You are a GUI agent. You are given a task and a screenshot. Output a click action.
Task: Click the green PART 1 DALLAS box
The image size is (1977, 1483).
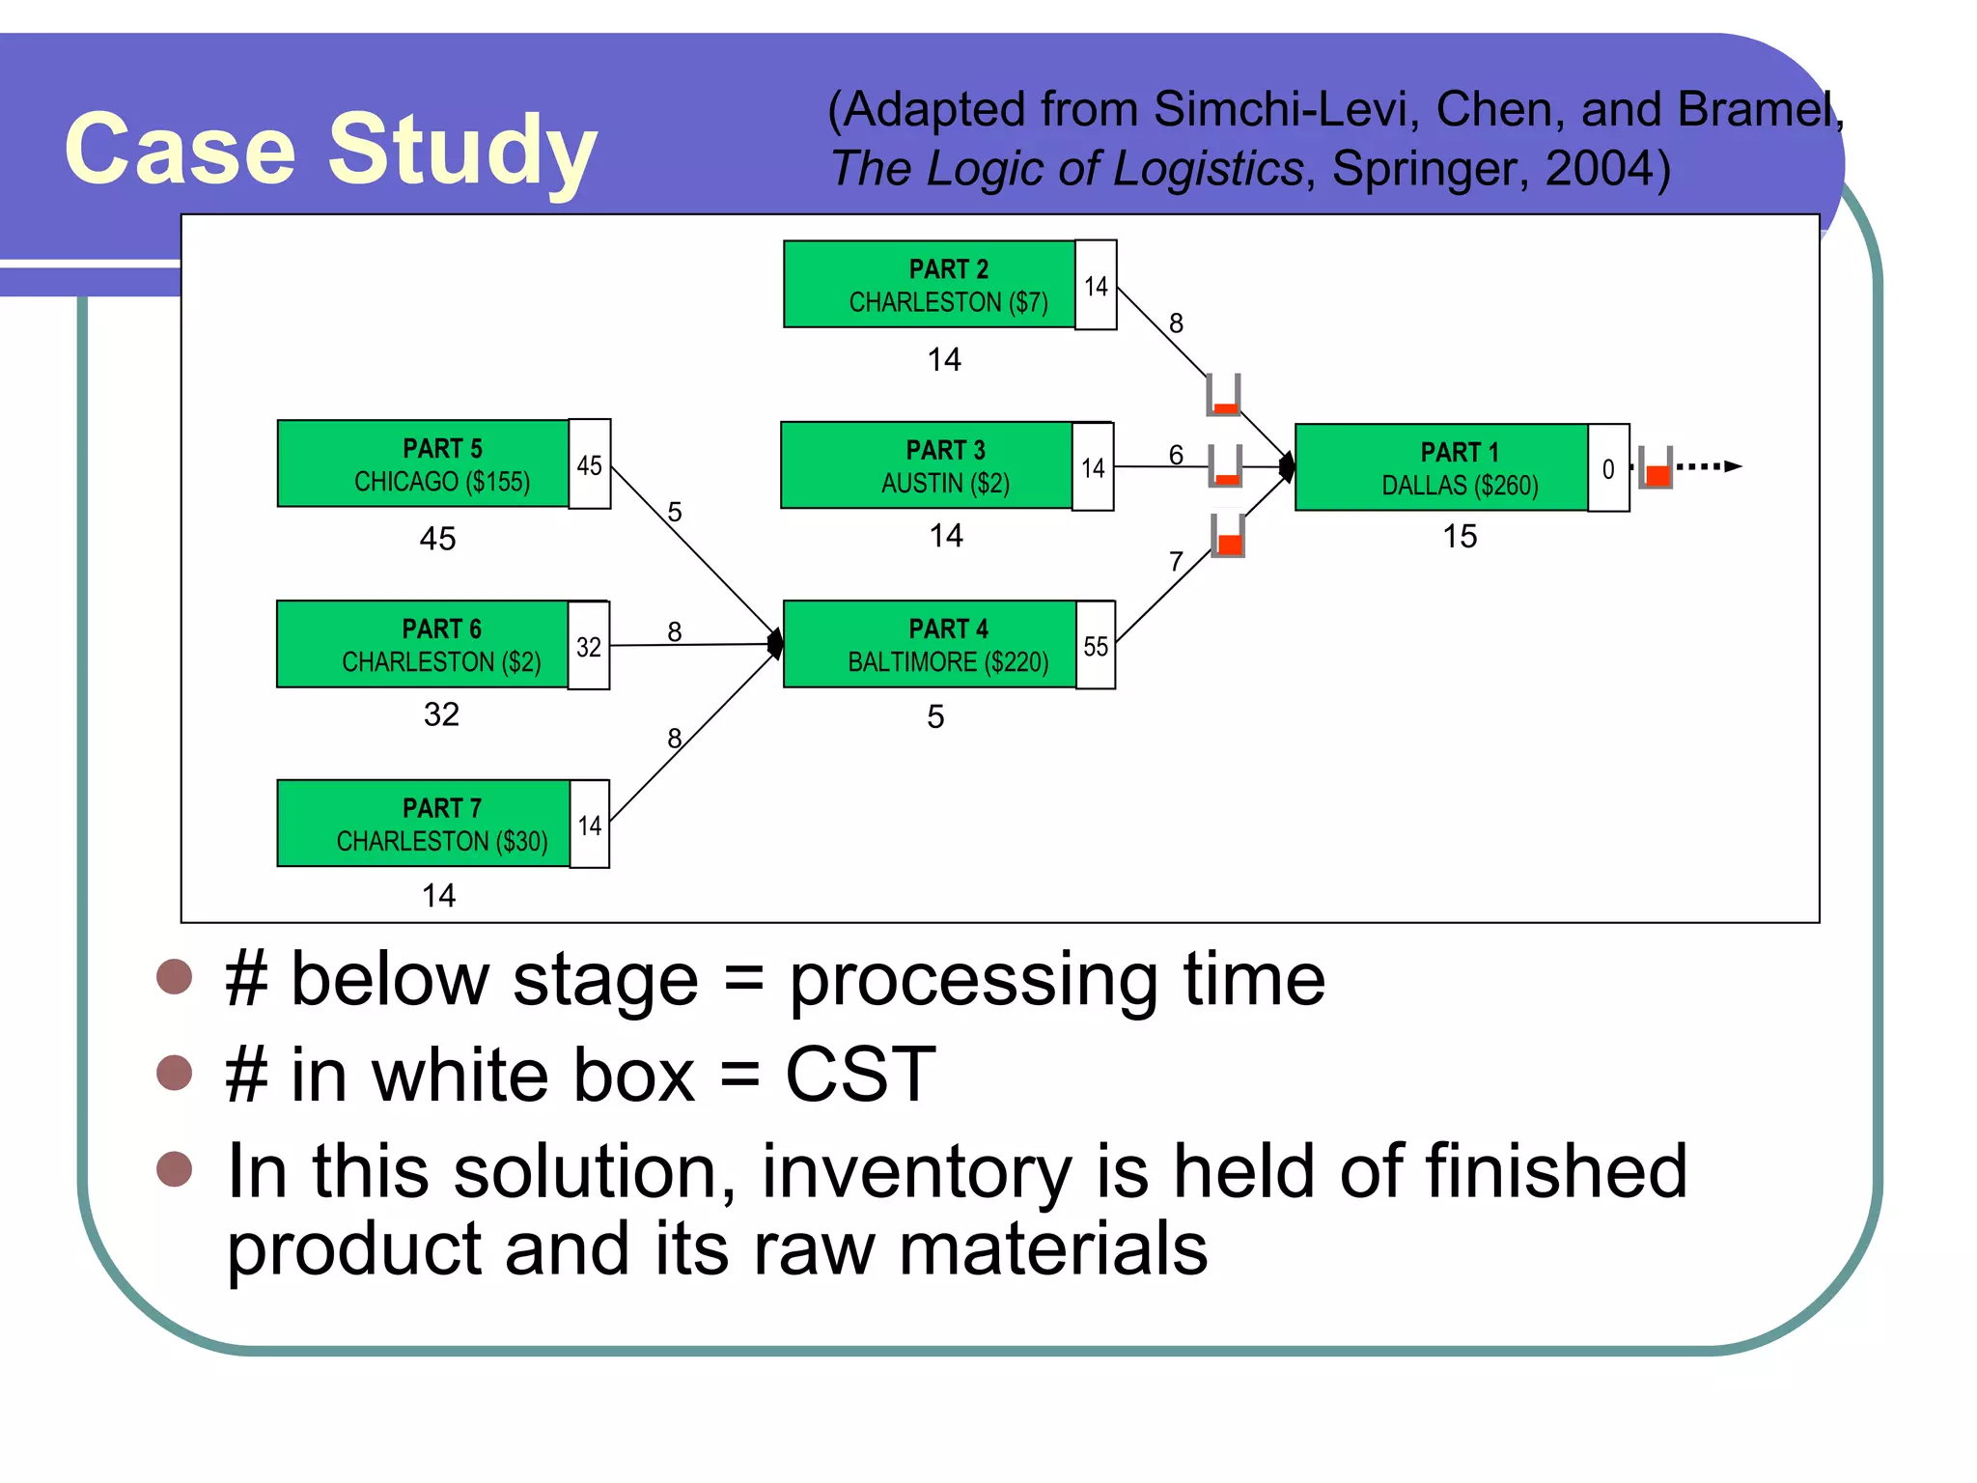coord(1440,467)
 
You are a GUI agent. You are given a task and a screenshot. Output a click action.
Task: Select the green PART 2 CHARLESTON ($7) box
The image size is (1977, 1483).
coord(929,285)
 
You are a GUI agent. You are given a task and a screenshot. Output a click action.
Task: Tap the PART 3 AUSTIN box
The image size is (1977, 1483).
coord(926,465)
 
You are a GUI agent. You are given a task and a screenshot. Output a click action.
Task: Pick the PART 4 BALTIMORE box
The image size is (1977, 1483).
coord(929,644)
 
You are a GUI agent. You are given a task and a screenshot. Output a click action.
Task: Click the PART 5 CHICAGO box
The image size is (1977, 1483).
coord(423,463)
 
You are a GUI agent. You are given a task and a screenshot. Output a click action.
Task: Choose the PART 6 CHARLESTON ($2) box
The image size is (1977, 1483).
coord(422,644)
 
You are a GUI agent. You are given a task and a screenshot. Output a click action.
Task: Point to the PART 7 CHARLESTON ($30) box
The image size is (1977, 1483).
coord(423,824)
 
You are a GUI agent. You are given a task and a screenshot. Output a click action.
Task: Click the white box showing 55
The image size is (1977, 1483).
coord(1096,646)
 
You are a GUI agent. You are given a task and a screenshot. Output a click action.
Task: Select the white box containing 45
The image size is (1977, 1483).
coord(589,464)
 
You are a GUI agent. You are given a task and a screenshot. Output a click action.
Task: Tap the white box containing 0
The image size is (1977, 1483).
coord(1608,468)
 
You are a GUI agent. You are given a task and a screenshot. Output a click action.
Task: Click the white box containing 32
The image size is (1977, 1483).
coord(589,646)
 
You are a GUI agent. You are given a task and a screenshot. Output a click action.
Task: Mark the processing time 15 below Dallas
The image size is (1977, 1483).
coord(1460,537)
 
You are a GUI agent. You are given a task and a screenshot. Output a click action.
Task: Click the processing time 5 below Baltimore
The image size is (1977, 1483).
coord(934,716)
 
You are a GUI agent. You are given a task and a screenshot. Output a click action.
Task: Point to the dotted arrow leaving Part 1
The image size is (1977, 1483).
coord(1709,466)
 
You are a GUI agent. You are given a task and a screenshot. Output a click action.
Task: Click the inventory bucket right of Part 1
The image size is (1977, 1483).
coord(1656,468)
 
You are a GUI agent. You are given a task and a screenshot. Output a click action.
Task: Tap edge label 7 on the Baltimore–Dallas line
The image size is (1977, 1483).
coord(1176,561)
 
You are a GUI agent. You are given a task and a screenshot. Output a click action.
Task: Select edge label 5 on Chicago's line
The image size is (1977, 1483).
coord(675,512)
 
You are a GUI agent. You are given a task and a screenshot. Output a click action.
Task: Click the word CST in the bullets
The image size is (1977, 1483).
coord(860,1074)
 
